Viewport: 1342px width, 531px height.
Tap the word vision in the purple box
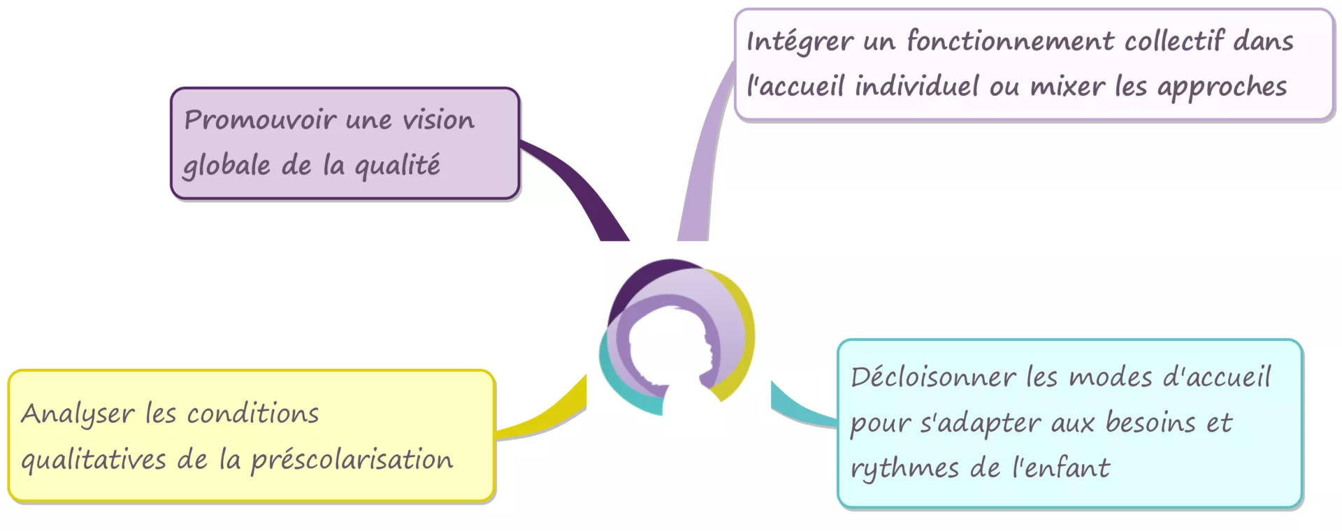tap(438, 119)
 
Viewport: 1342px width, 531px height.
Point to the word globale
tap(226, 166)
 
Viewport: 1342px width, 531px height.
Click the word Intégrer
tap(800, 41)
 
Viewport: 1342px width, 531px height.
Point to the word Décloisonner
tap(933, 377)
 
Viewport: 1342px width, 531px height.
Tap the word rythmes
tap(904, 469)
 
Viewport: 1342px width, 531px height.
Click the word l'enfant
tap(1061, 467)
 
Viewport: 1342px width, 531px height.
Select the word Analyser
tap(78, 414)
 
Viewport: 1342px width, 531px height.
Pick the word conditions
tap(252, 414)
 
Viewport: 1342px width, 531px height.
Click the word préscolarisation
tap(352, 460)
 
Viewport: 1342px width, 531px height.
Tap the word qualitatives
tap(94, 460)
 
